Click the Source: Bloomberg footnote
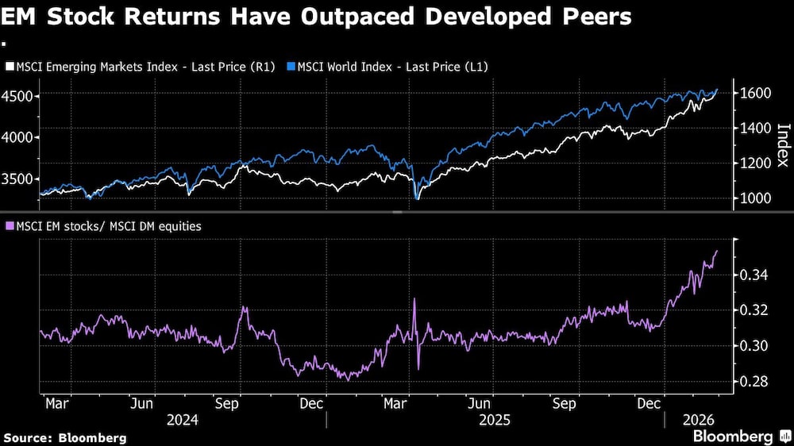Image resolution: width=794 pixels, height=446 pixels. tap(64, 437)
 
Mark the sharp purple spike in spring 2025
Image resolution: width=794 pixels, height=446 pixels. tap(414, 299)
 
